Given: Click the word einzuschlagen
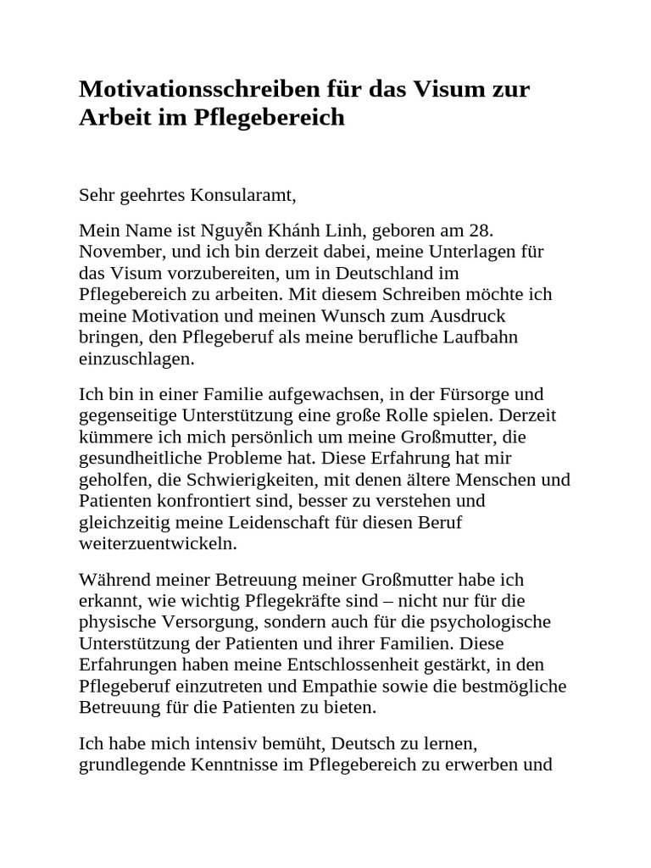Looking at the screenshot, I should pos(136,359).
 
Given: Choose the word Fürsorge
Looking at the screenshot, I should pos(473,394).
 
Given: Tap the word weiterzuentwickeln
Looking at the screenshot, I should pos(158,542).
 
